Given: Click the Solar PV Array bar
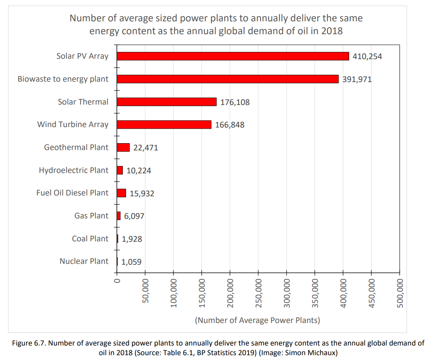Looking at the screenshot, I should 233,56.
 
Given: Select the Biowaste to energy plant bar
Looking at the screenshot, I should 227,79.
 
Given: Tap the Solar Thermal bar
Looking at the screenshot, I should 167,102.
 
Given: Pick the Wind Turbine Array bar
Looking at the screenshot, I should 164,125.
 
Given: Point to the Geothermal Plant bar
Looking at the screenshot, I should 123,148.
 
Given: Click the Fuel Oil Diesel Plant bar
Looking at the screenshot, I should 121,193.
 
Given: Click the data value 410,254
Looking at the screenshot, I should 367,56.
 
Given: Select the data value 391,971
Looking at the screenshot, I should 357,79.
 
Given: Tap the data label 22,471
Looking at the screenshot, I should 145,148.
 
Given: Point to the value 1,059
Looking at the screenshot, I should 131,262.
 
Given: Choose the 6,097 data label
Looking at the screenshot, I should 134,216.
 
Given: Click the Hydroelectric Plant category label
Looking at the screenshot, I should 73,170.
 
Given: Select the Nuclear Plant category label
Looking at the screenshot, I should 84,261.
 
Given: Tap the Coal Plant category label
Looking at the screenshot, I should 90,239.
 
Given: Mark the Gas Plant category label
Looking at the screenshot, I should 91,216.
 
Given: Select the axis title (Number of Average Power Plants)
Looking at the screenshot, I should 257,320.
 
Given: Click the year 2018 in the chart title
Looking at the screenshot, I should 332,31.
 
